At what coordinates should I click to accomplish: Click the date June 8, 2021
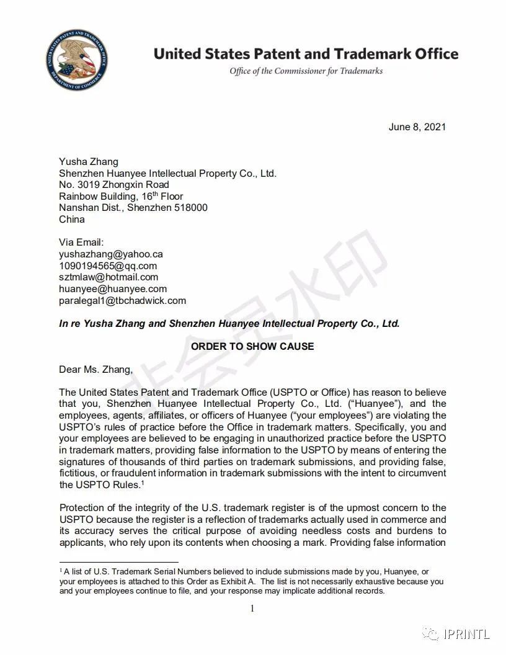[x=417, y=127]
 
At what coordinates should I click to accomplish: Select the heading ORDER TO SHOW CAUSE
[x=252, y=346]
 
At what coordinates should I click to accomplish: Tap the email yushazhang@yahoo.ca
[x=111, y=254]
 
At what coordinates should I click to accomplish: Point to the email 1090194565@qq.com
[x=108, y=265]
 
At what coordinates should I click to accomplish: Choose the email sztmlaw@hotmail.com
[x=109, y=277]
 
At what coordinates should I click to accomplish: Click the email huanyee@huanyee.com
[x=113, y=289]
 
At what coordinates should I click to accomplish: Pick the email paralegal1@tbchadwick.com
[x=122, y=301]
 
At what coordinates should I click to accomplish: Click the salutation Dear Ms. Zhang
[x=95, y=370]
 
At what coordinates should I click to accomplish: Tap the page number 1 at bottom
[x=252, y=608]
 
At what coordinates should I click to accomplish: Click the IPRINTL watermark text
[x=466, y=634]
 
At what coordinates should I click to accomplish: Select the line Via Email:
[x=81, y=243]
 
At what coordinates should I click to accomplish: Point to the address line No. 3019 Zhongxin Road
[x=113, y=185]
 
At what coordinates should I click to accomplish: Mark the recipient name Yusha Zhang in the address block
[x=88, y=162]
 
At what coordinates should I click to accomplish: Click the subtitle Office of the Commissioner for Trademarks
[x=306, y=71]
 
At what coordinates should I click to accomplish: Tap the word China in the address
[x=72, y=220]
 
